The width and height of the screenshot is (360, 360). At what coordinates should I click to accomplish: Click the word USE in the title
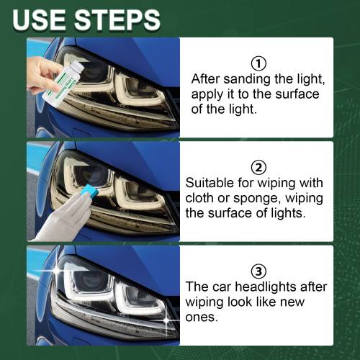39,19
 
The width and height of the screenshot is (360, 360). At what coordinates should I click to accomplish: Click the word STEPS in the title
117,19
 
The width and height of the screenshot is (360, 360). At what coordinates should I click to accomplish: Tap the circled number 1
258,63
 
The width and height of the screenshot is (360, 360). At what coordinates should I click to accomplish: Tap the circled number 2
258,168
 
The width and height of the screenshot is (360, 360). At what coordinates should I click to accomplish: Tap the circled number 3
258,271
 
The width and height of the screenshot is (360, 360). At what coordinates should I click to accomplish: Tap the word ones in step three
202,318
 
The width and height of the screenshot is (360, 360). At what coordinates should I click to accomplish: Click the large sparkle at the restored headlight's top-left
57,269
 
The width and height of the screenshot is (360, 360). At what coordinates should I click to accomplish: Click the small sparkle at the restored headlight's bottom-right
166,320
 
